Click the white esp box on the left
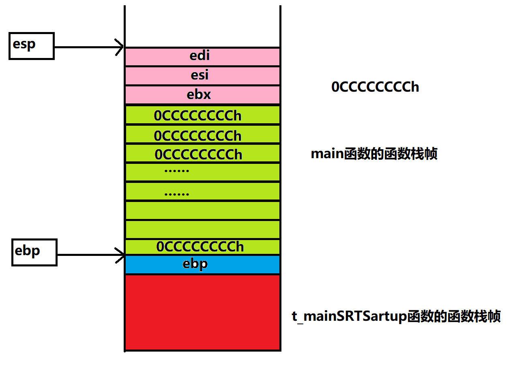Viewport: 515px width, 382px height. pyautogui.click(x=32, y=46)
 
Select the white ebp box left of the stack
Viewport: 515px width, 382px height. pyautogui.click(x=34, y=252)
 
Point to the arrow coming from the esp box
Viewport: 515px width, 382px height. pyautogui.click(x=89, y=47)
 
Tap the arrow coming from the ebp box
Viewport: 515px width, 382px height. pyautogui.click(x=91, y=255)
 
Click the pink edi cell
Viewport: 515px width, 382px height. pyautogui.click(x=202, y=56)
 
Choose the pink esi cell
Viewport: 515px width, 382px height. pyautogui.click(x=202, y=76)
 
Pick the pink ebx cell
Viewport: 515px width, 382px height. pyautogui.click(x=202, y=95)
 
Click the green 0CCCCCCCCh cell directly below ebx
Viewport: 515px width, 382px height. pyautogui.click(x=202, y=115)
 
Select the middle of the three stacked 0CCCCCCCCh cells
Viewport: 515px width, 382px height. pyautogui.click(x=202, y=134)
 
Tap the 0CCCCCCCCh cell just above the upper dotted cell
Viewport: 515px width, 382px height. pyautogui.click(x=202, y=153)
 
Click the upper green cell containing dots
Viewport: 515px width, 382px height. pyautogui.click(x=202, y=172)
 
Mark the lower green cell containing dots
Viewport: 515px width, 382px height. pyautogui.click(x=202, y=191)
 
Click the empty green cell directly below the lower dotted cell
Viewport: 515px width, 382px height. pyautogui.click(x=202, y=210)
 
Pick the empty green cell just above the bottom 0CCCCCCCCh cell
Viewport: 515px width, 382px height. pyautogui.click(x=202, y=230)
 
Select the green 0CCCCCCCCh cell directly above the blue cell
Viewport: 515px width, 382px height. pyautogui.click(x=202, y=247)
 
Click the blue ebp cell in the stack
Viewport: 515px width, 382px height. pyautogui.click(x=202, y=264)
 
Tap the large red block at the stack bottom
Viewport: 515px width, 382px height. pyautogui.click(x=202, y=312)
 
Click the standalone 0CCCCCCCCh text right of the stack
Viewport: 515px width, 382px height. pyautogui.click(x=375, y=87)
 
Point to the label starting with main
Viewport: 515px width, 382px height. pyautogui.click(x=374, y=154)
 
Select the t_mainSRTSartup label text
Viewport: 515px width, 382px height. pyautogui.click(x=396, y=316)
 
